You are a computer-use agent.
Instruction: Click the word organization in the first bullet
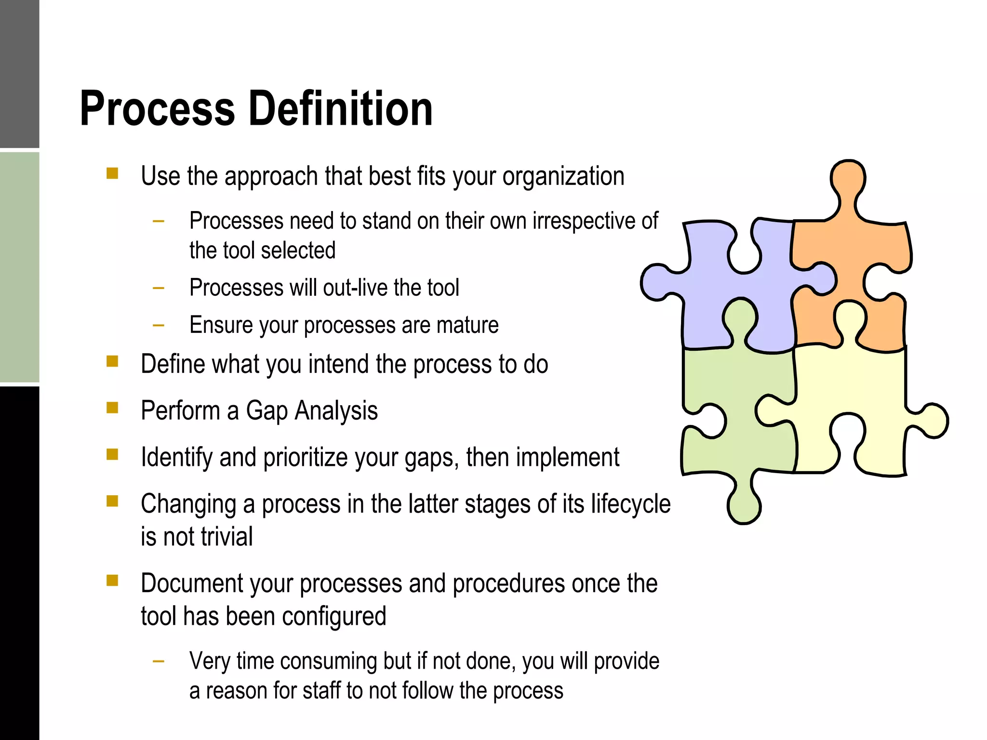563,177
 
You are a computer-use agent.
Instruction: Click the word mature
467,325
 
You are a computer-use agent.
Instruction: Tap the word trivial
227,537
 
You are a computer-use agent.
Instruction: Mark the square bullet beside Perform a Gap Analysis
112,408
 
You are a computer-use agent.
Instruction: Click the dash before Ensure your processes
158,326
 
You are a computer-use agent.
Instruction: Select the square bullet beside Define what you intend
112,361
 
